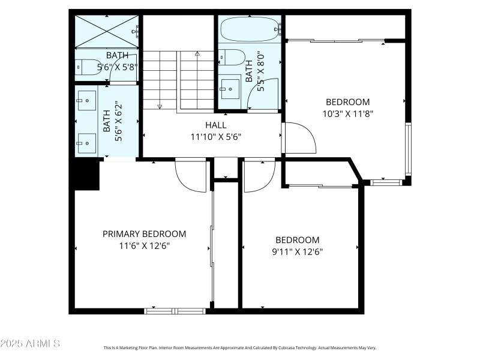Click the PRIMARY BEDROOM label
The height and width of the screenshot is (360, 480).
point(144,234)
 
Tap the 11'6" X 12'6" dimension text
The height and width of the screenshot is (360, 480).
point(144,245)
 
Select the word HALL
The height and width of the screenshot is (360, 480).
point(216,125)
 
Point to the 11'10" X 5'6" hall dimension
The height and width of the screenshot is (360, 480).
point(216,136)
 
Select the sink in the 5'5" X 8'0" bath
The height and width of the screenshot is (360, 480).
point(228,89)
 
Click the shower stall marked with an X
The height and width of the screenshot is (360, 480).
point(107,31)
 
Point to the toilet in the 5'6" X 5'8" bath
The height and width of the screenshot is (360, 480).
point(86,67)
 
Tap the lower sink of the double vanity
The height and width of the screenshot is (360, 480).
point(86,142)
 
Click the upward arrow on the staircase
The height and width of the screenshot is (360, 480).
point(197,54)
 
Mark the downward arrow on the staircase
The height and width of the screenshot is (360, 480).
point(160,106)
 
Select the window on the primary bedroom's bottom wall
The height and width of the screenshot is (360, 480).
point(175,311)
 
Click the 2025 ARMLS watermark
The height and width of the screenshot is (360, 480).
point(30,344)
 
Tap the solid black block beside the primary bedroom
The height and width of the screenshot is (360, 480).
point(86,175)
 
